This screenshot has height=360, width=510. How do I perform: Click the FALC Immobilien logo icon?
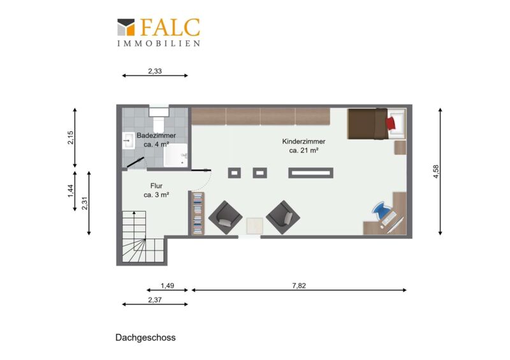[x=126, y=27]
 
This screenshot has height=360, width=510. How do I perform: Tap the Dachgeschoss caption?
[x=145, y=338]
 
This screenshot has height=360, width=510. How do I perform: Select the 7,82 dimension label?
[x=299, y=285]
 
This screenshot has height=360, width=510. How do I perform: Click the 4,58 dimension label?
[x=436, y=171]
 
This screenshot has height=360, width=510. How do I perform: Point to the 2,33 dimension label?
[x=155, y=71]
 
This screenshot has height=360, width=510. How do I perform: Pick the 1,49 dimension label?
[x=167, y=285]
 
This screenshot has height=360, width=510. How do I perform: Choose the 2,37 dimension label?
[x=155, y=300]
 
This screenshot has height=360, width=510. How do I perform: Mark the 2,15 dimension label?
[x=71, y=138]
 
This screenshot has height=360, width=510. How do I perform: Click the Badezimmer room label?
[x=156, y=135]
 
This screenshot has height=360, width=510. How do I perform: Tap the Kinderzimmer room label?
[x=303, y=141]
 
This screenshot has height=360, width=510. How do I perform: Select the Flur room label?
[x=156, y=185]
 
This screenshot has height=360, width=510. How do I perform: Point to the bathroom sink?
[x=129, y=140]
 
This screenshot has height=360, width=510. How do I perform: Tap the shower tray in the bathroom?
[x=176, y=155]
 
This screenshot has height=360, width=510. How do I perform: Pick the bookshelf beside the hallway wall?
[x=198, y=213]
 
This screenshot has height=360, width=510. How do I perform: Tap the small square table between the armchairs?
[x=254, y=226]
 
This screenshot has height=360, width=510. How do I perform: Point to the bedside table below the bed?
[x=400, y=148]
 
